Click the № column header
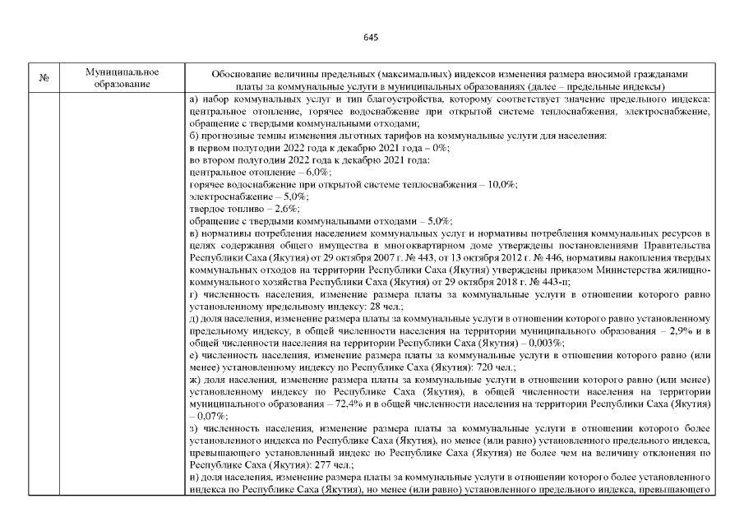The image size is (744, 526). tap(44, 78)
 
